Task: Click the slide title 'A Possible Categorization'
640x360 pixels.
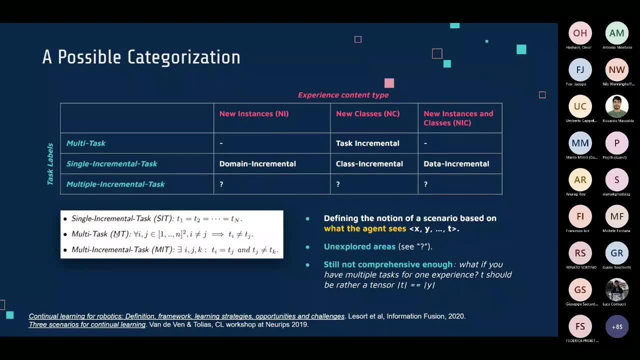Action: (x=141, y=57)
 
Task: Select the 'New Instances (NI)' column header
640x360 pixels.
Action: (x=253, y=114)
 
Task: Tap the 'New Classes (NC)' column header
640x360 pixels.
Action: (x=367, y=114)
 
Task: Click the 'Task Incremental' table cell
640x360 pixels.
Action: (x=367, y=143)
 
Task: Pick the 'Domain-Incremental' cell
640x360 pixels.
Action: (x=257, y=164)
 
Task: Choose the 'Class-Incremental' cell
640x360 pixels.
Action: (x=369, y=164)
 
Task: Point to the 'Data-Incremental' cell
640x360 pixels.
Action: (x=456, y=164)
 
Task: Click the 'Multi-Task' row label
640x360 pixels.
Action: (x=86, y=143)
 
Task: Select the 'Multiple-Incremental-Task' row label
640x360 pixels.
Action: (x=115, y=184)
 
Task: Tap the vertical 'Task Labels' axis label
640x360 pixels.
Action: (x=50, y=164)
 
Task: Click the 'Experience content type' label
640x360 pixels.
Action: (x=343, y=95)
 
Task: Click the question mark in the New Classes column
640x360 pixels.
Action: (x=338, y=184)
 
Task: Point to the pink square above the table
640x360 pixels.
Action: (x=389, y=83)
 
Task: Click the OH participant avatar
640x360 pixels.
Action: (x=580, y=33)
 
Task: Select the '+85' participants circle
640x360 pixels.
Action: (x=617, y=327)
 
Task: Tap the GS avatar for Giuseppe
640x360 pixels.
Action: (x=580, y=290)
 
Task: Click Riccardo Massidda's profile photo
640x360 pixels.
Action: (x=617, y=106)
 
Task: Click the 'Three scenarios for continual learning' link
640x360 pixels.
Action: (x=87, y=324)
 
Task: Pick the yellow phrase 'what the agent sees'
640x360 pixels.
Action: (x=364, y=229)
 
